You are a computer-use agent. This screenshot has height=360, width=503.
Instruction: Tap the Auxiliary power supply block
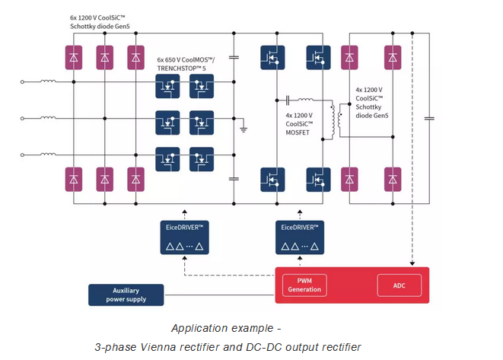point(126,295)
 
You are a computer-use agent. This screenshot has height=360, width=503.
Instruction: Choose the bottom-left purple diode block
point(74,179)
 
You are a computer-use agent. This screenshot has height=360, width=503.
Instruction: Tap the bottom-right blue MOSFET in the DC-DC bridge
point(317,179)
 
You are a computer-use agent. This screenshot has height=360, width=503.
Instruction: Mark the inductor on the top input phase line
point(49,81)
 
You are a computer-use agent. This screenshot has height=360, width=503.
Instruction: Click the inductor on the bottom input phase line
point(49,155)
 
